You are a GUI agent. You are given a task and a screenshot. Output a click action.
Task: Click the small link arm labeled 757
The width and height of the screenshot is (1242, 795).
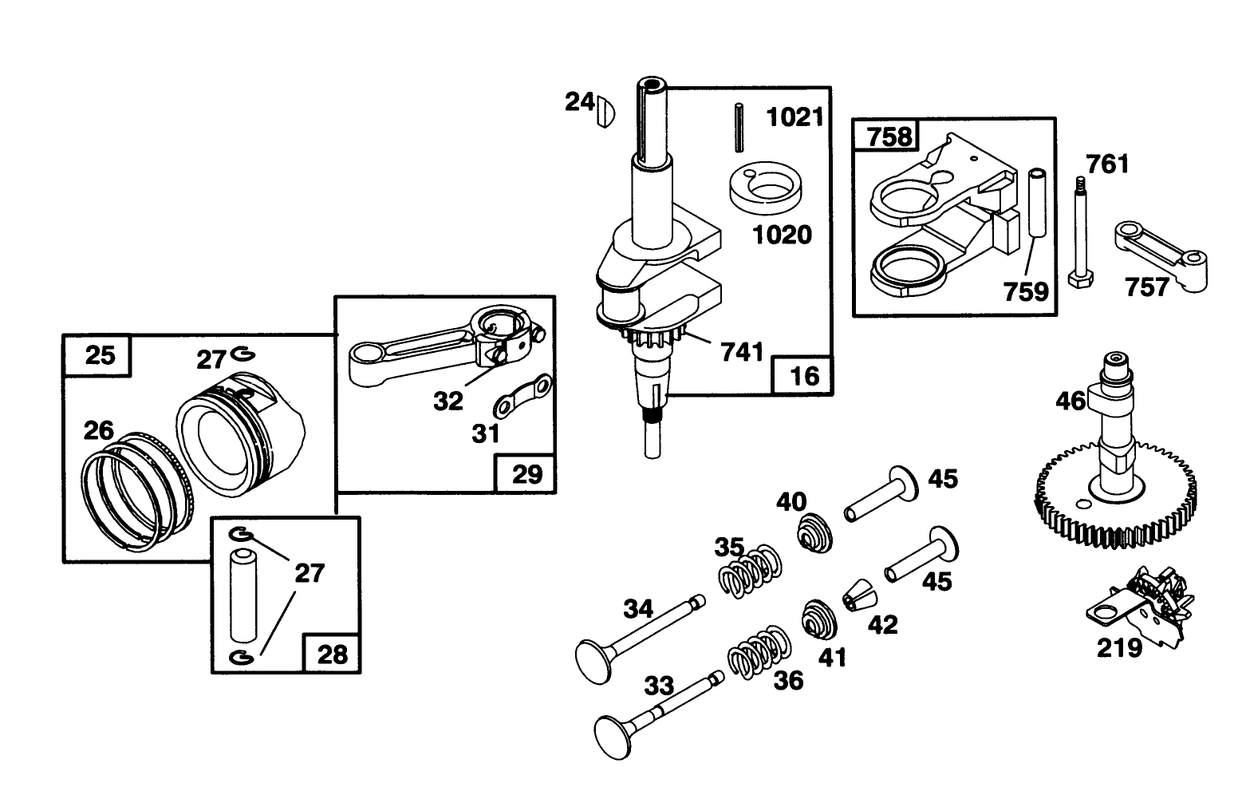tap(1161, 254)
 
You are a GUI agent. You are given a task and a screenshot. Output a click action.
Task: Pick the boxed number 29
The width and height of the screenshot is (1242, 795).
tap(526, 474)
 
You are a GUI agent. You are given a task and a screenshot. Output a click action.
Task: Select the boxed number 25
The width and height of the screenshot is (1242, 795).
tap(100, 355)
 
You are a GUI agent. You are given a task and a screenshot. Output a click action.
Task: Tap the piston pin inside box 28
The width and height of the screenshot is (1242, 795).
tap(243, 593)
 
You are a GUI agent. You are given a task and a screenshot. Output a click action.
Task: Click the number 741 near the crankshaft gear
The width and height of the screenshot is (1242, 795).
tap(743, 351)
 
